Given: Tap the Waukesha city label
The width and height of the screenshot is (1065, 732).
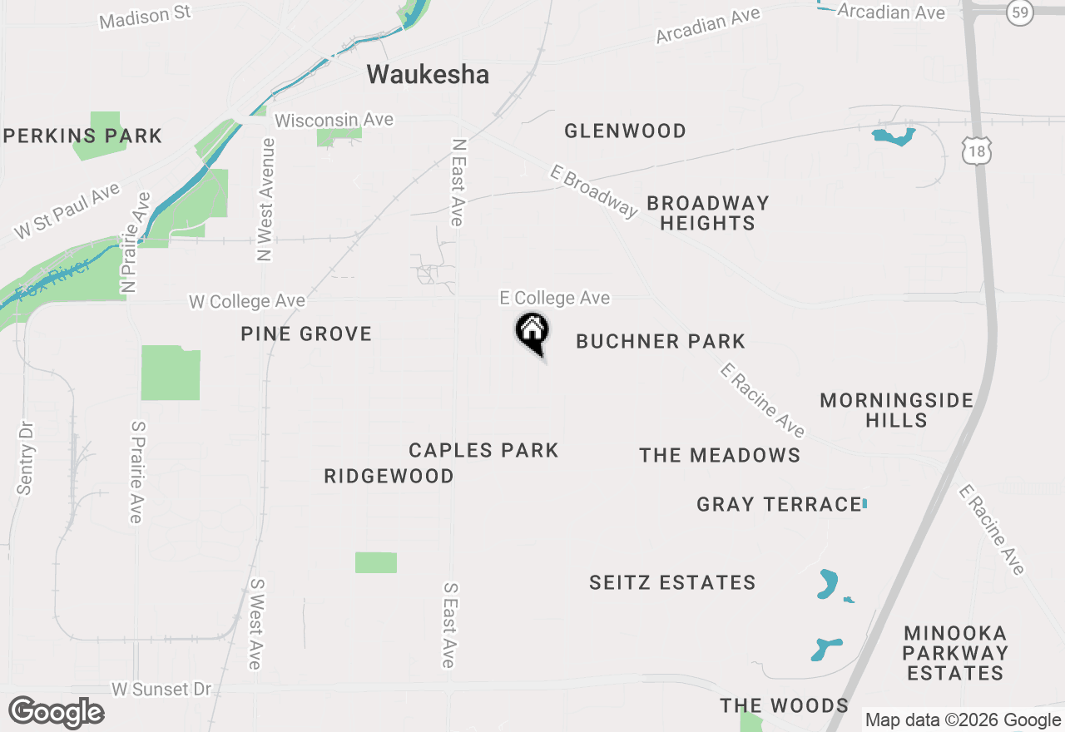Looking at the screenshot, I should (428, 74).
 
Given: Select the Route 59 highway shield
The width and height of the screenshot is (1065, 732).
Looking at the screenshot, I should (1019, 12).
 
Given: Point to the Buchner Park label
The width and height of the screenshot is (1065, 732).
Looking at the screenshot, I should (661, 341).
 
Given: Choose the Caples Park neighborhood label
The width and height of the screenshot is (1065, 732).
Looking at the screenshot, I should (483, 450).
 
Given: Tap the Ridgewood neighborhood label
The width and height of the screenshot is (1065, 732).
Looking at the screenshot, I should (389, 476).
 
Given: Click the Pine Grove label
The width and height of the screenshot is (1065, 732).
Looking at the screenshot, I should (306, 334).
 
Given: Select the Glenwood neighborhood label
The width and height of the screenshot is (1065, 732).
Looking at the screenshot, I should (625, 131).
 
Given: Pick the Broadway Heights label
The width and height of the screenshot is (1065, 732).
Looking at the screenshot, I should (708, 213).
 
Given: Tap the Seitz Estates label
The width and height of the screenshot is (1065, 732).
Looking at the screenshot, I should (672, 582).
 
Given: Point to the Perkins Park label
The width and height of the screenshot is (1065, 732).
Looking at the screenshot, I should (83, 136).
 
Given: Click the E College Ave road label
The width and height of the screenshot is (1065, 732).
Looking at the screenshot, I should (554, 298).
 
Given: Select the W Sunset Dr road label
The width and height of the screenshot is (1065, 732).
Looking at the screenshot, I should (161, 690).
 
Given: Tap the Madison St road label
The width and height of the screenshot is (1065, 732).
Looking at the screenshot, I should (145, 16).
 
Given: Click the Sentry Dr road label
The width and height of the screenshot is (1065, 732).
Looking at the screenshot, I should (26, 457).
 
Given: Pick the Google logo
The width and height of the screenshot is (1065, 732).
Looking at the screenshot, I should (57, 712).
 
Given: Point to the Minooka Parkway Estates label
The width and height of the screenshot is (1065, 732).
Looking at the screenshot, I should (955, 653).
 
